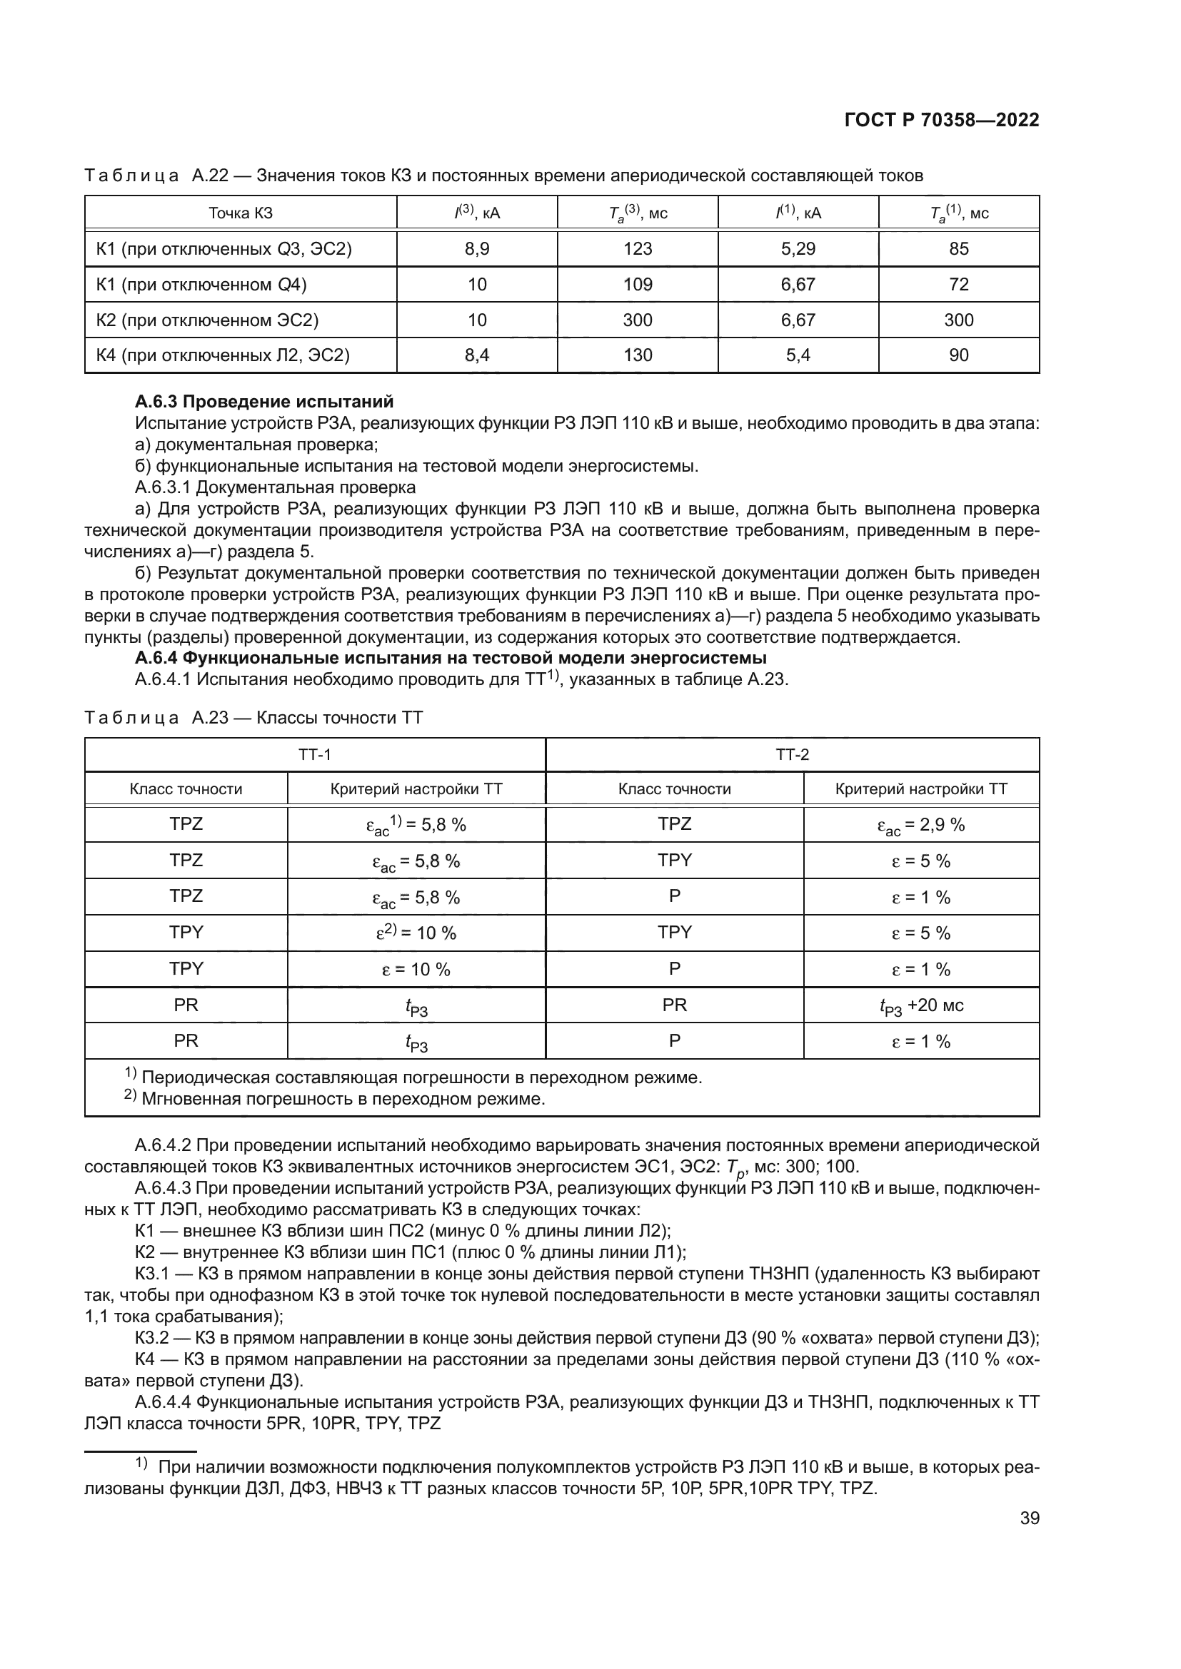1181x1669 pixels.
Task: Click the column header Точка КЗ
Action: [x=241, y=213]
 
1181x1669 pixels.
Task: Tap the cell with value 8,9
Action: [x=477, y=248]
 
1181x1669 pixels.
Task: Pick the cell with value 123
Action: [x=637, y=248]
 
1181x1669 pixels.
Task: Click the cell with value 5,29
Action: [x=798, y=248]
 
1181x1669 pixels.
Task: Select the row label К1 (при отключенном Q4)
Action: [x=201, y=284]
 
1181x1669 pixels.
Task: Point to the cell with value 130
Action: [x=637, y=355]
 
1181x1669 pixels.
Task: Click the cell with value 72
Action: [x=958, y=284]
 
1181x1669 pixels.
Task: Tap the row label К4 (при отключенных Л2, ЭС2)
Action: [x=223, y=355]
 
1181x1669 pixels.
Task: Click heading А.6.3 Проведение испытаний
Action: [x=264, y=402]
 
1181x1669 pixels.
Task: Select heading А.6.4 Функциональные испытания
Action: [x=450, y=659]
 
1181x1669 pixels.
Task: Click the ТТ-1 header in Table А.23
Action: [x=314, y=754]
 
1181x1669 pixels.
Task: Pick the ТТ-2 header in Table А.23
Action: [x=792, y=754]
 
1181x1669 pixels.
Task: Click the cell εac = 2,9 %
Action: [x=920, y=825]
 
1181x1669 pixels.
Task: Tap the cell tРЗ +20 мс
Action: [x=920, y=1005]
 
